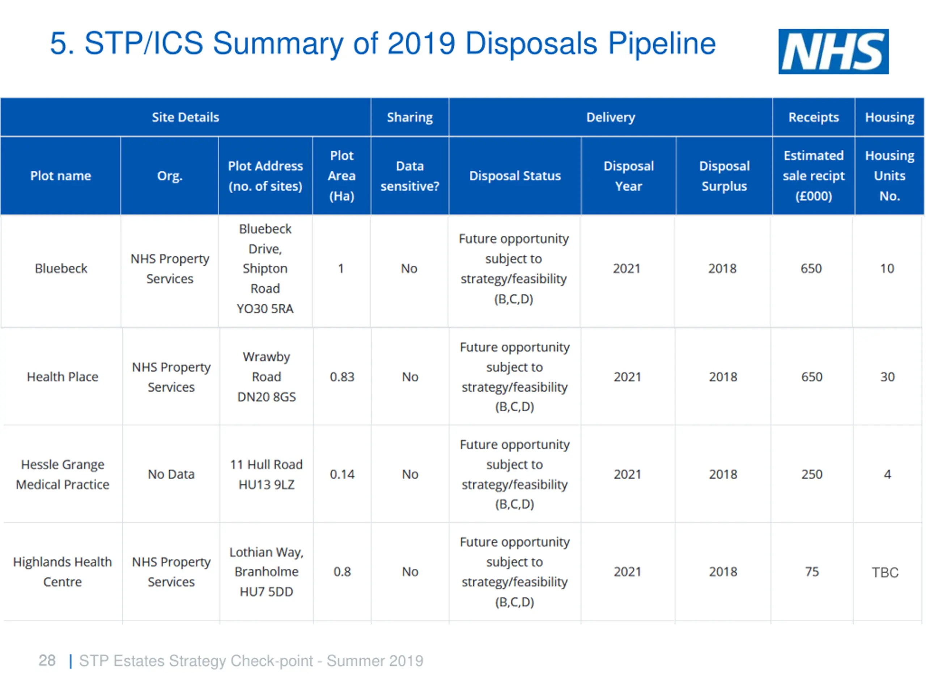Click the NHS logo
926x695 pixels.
[x=833, y=51]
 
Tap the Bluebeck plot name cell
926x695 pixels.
[x=61, y=269]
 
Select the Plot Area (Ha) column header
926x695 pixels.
[x=341, y=176]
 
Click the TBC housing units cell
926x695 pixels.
[x=885, y=572]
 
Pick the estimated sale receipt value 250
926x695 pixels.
[x=812, y=474]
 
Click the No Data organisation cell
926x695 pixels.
[x=171, y=474]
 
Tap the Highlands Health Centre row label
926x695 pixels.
[x=62, y=572]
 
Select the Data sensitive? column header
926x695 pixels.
[x=410, y=176]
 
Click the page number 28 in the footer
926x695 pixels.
[x=47, y=661]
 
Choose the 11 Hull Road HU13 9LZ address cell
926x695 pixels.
[x=266, y=474]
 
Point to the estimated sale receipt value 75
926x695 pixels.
[x=812, y=572]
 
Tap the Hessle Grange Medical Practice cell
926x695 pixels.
[x=62, y=474]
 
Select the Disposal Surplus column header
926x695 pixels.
[x=724, y=176]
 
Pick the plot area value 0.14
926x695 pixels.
[x=342, y=474]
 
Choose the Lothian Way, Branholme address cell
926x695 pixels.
[x=266, y=572]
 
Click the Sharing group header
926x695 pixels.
[x=410, y=117]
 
